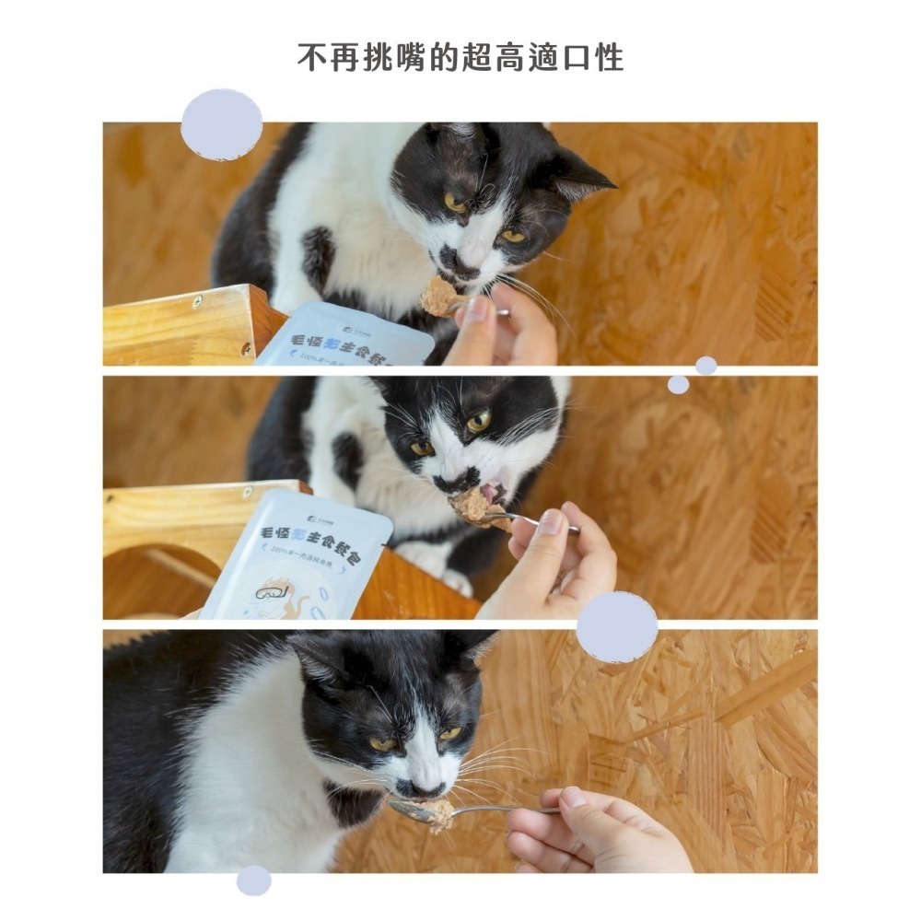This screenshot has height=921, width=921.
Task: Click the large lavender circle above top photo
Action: (x=222, y=124)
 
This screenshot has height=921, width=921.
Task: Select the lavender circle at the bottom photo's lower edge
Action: (x=253, y=880)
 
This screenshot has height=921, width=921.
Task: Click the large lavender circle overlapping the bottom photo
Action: (x=617, y=627)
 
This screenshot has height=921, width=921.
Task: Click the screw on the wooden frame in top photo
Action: (x=197, y=301)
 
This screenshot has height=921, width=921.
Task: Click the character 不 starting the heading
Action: (x=311, y=58)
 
